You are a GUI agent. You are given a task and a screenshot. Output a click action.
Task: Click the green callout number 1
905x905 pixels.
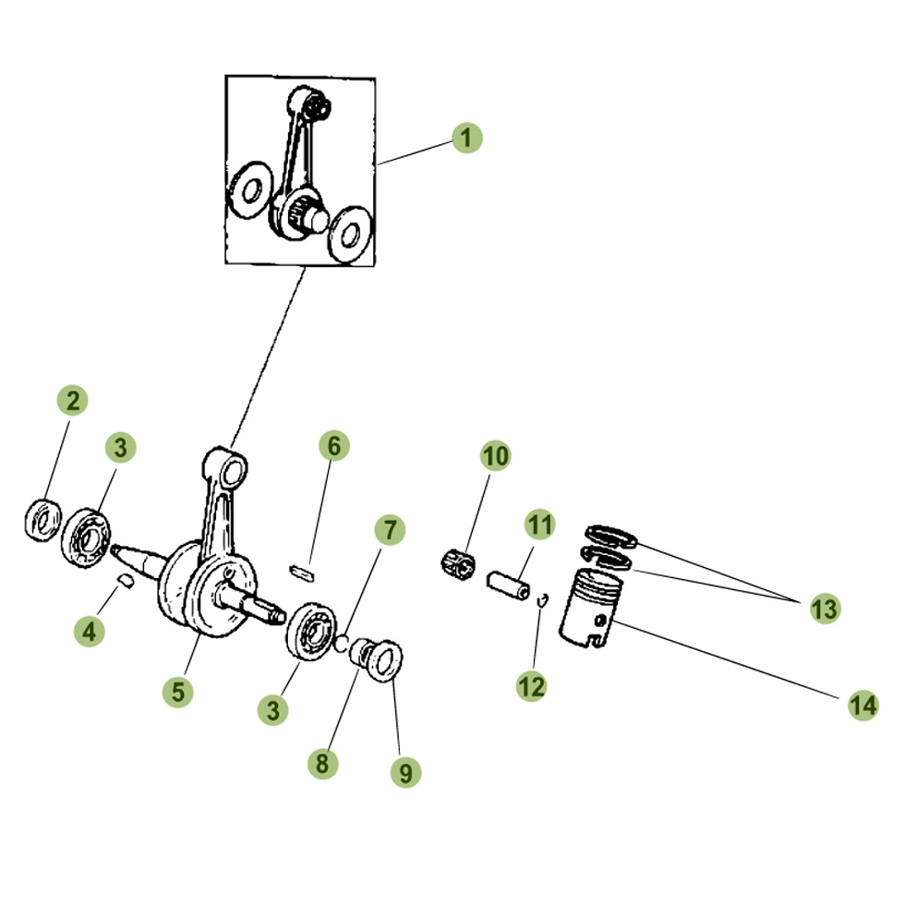[x=467, y=139]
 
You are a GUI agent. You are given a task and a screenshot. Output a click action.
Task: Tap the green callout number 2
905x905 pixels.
[x=73, y=401]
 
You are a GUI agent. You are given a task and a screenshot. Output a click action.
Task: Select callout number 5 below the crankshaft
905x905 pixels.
[x=177, y=691]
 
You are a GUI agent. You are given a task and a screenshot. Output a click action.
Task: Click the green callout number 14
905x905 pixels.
[x=863, y=706]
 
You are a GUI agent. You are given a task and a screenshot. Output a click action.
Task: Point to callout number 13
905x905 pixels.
[x=824, y=609]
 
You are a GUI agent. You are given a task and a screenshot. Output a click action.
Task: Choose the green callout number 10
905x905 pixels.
[x=495, y=455]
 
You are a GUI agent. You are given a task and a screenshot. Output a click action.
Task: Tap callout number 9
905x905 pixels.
[x=404, y=771]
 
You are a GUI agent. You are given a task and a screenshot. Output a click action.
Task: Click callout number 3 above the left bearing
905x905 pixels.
[x=120, y=448]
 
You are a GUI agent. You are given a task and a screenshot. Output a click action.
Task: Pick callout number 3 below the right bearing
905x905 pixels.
[x=273, y=710]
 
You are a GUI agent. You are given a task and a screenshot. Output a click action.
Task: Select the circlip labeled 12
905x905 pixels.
[x=544, y=602]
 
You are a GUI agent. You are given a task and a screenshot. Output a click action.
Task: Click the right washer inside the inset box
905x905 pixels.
[x=351, y=233]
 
